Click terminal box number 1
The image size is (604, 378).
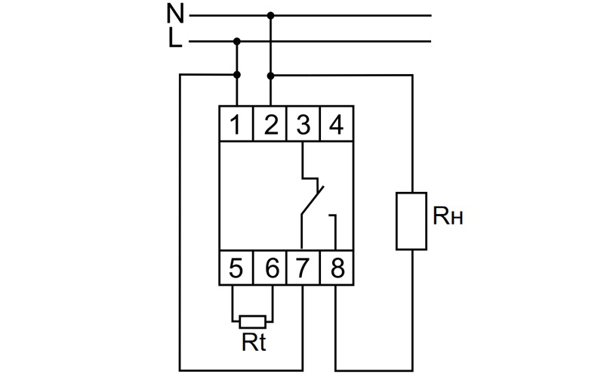pos(236,123)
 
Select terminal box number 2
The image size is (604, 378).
pos(270,123)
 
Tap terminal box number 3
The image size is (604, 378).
pos(304,123)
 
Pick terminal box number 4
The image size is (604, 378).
pos(337,123)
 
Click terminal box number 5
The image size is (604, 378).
pos(236,268)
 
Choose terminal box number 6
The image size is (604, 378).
pos(270,268)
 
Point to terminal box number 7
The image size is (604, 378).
pos(304,268)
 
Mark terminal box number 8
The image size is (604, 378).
pos(337,268)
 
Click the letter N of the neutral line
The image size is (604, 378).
pos(175,13)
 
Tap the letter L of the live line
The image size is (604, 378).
pos(175,39)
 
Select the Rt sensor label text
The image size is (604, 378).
pos(254,342)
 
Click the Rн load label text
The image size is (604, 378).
pos(447,215)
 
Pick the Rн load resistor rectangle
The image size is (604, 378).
pos(411,221)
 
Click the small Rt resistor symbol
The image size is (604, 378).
pos(252,322)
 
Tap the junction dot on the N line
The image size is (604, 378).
pos(271,15)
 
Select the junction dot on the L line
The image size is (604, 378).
pos(237,41)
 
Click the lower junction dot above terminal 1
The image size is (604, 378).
pos(237,74)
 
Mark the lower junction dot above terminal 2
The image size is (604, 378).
pos(271,76)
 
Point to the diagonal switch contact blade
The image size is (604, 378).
pos(313,200)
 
